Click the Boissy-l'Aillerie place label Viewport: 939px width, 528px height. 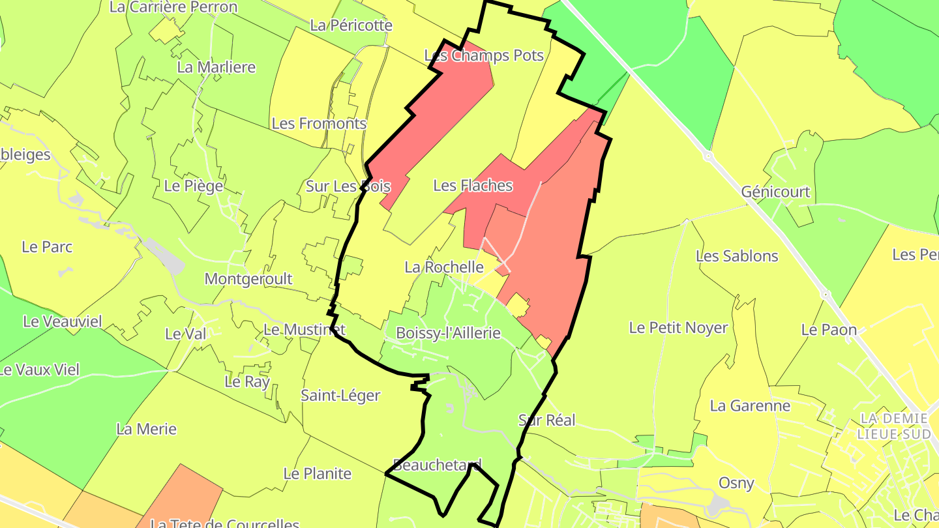coord(448,333)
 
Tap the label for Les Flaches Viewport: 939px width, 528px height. coord(473,186)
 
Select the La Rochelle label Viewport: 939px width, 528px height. coord(443,267)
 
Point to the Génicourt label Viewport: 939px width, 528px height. coord(775,192)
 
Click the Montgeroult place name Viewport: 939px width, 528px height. coord(248,279)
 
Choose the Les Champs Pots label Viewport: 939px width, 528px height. coord(484,55)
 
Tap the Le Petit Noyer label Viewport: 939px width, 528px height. coord(678,327)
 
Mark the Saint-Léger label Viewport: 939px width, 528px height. coord(340,395)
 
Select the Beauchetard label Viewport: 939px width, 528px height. coord(437,465)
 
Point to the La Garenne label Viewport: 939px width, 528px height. coord(750,405)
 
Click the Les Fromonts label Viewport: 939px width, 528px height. coord(319,123)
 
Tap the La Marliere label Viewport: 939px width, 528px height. coord(216,67)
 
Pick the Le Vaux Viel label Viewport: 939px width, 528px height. coord(39,370)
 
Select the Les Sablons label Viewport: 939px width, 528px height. coord(737,256)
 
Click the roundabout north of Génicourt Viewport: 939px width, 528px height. coord(708,156)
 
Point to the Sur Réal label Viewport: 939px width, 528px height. coord(546,420)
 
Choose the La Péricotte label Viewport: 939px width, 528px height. coord(351,25)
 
